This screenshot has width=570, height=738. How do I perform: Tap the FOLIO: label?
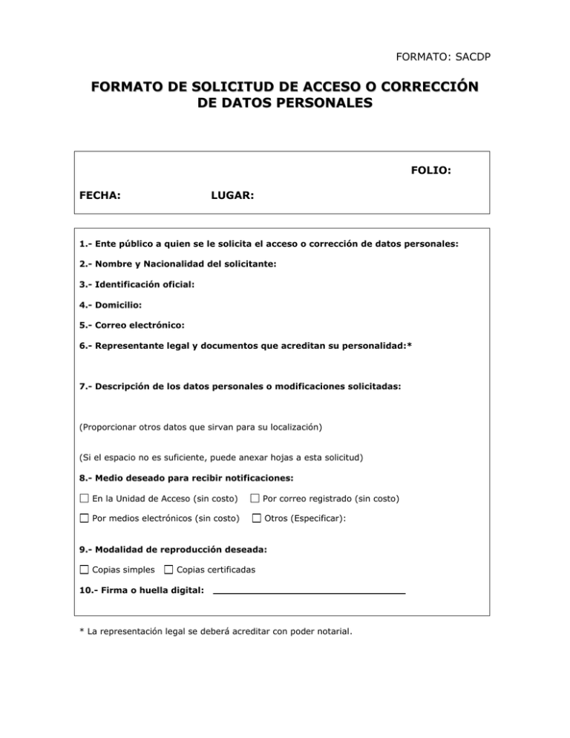(431, 170)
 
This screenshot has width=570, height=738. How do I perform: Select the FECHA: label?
(100, 196)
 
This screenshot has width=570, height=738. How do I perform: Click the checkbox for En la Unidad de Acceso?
(84, 497)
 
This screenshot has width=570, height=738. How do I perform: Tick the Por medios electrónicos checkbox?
(84, 517)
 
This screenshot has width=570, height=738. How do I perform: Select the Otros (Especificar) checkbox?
(256, 517)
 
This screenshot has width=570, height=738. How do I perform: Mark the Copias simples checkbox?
(84, 570)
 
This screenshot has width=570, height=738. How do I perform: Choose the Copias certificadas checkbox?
(168, 570)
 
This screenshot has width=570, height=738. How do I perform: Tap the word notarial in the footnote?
(331, 633)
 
